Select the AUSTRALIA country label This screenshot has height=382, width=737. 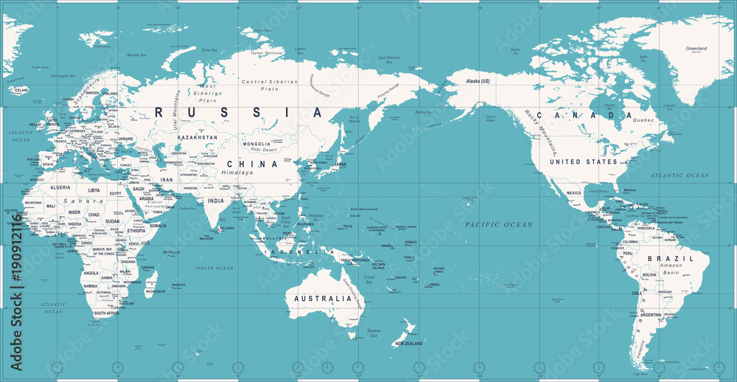[x=324, y=299]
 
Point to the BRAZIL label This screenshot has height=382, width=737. [x=670, y=259]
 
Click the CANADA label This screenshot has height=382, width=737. [x=584, y=116]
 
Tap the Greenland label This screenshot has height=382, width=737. [x=696, y=49]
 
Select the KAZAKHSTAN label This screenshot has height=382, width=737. [x=197, y=138]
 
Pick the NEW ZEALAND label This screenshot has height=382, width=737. [x=410, y=344]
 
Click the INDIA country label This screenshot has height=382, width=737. [x=215, y=201]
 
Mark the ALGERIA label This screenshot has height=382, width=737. [x=59, y=188]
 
